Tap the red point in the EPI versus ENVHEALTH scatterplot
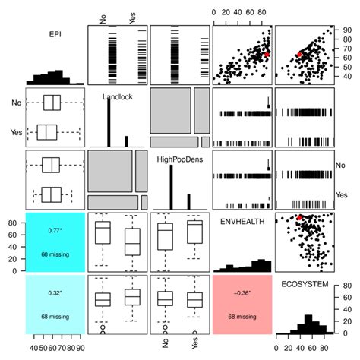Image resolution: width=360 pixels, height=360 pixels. [x=267, y=54]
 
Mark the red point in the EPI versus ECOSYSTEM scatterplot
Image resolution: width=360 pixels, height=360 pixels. [x=299, y=55]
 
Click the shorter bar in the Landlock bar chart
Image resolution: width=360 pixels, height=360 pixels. [x=126, y=140]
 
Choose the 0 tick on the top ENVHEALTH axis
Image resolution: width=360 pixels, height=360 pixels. [x=215, y=13]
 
